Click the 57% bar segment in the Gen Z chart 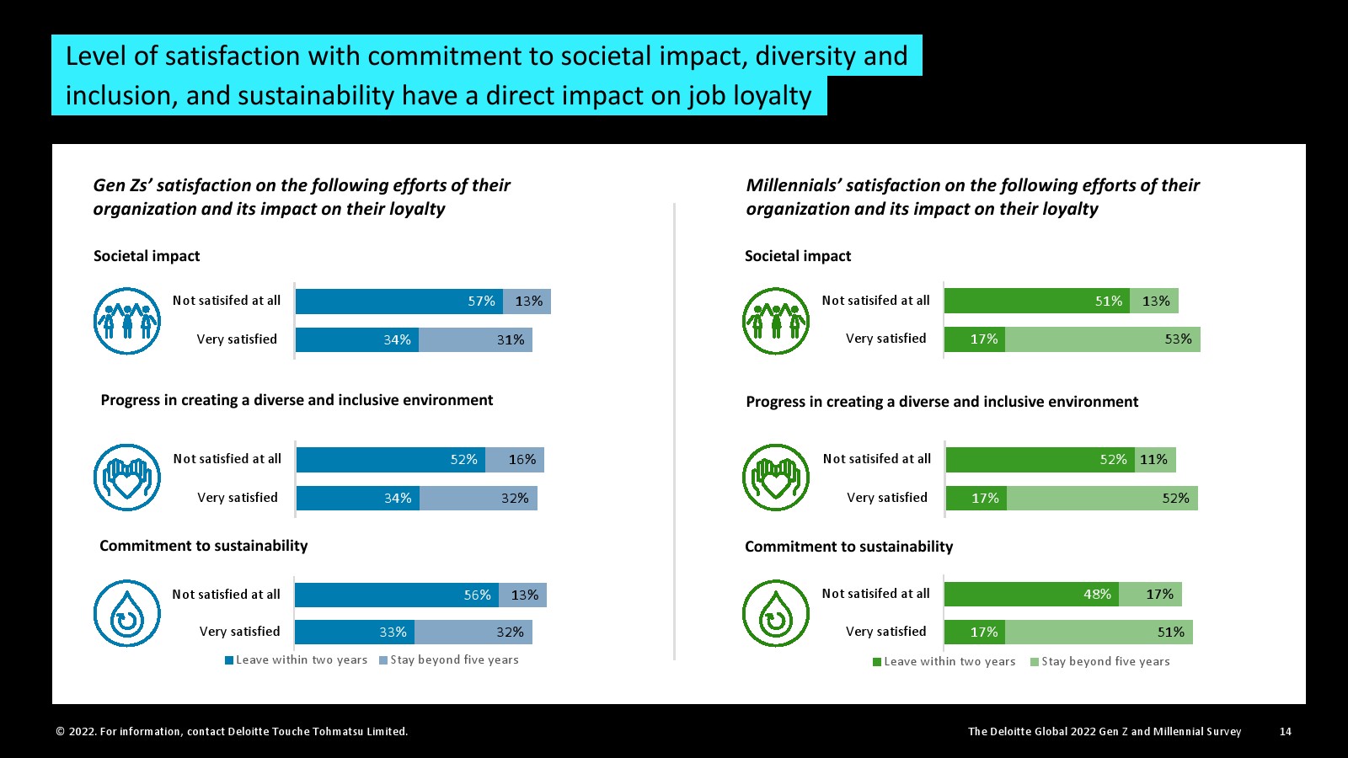[x=399, y=302]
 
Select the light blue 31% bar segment [x=475, y=340]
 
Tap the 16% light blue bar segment [x=515, y=460]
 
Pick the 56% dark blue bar [x=396, y=595]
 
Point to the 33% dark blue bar [x=354, y=633]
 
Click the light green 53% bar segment [x=1102, y=339]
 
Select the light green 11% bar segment [x=1154, y=460]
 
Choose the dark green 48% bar [x=1031, y=595]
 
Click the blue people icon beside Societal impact [x=127, y=321]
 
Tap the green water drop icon [x=776, y=613]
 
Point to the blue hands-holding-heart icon [x=127, y=478]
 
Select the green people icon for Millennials [x=776, y=321]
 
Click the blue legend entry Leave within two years [x=296, y=660]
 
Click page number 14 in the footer [x=1285, y=732]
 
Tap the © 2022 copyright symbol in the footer [x=61, y=732]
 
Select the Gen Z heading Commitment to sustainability [x=203, y=546]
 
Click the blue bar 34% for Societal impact [x=356, y=340]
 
